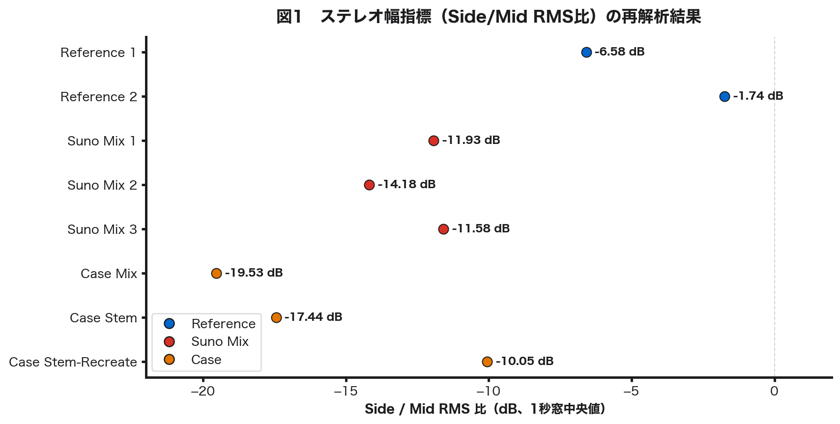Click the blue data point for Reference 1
click(x=586, y=52)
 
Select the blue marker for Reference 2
click(x=724, y=96)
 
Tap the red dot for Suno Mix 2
click(x=369, y=185)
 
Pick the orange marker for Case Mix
click(x=216, y=273)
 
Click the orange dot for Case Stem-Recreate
click(x=487, y=362)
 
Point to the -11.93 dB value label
click(x=471, y=140)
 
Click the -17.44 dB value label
click(x=313, y=317)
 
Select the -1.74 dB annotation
click(x=758, y=96)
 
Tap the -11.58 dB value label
click(x=481, y=228)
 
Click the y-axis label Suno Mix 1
click(x=102, y=141)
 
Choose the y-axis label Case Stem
click(x=103, y=318)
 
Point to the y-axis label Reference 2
click(x=99, y=97)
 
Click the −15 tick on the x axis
click(x=346, y=391)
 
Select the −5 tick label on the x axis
click(x=631, y=391)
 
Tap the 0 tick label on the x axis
click(x=774, y=391)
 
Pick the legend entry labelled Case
click(x=206, y=360)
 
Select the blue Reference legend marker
click(x=170, y=323)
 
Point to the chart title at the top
click(x=488, y=17)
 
